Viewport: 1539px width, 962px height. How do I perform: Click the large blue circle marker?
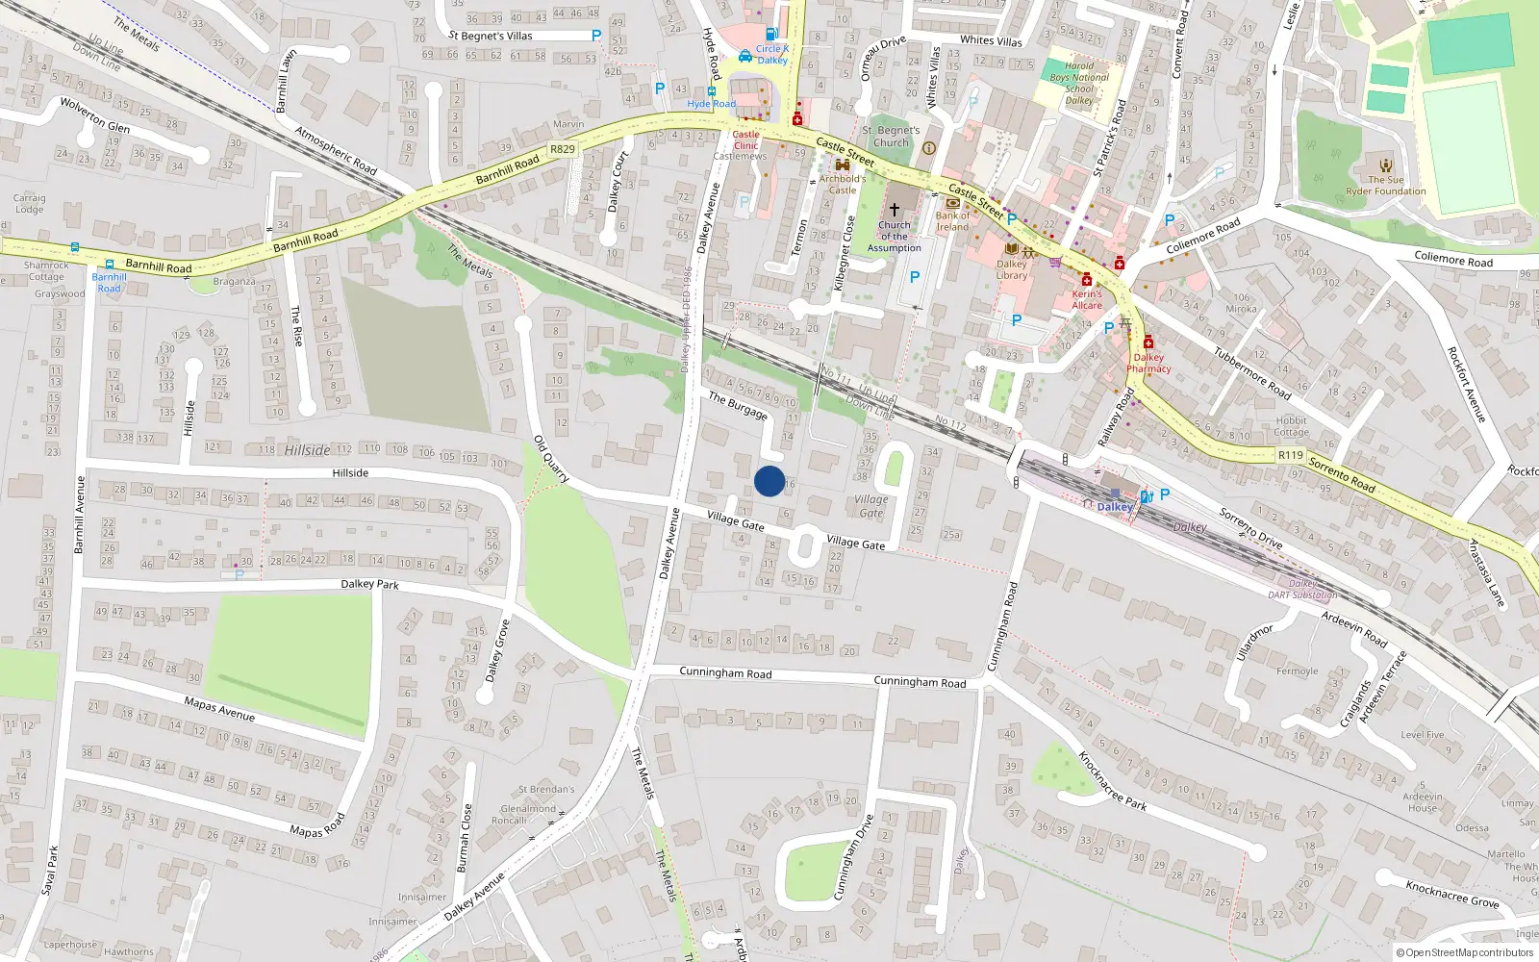769,481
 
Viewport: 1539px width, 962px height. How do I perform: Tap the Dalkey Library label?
1011,269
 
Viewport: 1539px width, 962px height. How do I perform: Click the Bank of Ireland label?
952,221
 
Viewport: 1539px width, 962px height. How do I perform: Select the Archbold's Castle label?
843,184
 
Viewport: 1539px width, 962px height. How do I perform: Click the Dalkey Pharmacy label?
1148,363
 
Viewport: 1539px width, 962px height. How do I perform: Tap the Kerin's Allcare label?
1087,299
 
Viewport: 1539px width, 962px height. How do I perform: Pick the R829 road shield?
563,149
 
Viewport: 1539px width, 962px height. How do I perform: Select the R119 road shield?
1291,455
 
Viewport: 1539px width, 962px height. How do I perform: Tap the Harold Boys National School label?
1079,84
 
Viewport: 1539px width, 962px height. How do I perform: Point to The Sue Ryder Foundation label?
1386,186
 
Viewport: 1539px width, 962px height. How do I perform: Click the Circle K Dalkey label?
771,54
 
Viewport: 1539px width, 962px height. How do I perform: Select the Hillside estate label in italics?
308,450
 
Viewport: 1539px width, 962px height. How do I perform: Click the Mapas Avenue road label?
219,709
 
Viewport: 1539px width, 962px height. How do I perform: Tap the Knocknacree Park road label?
1112,781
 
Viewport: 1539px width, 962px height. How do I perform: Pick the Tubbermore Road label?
1251,373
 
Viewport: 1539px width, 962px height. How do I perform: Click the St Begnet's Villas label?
491,36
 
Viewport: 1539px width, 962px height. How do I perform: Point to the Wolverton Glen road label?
94,114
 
